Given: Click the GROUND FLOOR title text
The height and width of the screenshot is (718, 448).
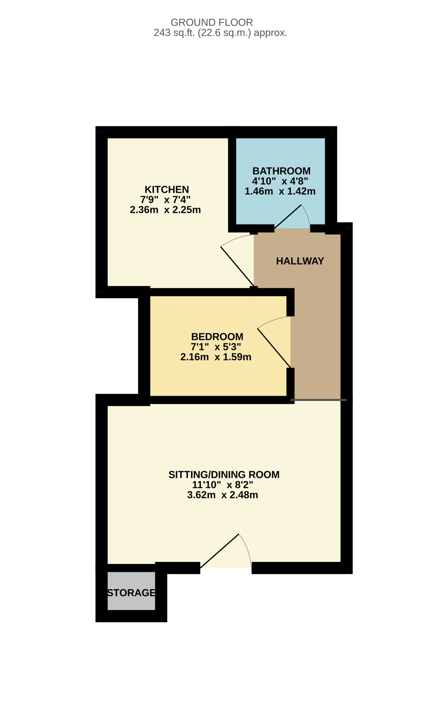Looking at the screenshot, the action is coord(212,22).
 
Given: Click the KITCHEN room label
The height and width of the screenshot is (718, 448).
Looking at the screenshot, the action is coord(167,189).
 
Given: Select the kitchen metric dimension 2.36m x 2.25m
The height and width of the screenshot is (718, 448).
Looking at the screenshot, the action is coord(165,210).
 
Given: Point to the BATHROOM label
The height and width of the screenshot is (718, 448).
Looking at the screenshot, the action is coord(282,171).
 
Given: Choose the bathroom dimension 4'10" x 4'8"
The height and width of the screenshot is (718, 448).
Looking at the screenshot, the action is coord(280,181).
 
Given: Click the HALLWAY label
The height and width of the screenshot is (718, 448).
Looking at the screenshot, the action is coord(300,261).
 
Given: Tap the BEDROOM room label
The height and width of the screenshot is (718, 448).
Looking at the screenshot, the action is coord(217,337).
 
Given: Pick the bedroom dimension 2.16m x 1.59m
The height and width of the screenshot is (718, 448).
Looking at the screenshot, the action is coord(216,357).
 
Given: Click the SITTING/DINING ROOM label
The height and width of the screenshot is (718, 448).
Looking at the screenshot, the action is coord(224,475).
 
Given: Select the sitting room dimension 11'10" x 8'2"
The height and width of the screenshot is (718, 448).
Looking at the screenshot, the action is coord(222,485).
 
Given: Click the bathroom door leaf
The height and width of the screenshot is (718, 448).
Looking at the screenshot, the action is coord(288,217).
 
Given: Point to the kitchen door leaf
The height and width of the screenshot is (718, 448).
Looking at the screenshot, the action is coord(237,266).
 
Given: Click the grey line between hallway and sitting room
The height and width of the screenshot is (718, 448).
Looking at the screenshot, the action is coord(319,400).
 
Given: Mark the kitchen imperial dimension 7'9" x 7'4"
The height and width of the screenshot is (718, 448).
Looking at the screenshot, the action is coord(165,200).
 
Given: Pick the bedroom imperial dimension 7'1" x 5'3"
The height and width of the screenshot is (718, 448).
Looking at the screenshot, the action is coord(216,347).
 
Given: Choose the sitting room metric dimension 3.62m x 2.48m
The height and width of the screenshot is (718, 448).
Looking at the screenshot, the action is coord(222,495).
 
